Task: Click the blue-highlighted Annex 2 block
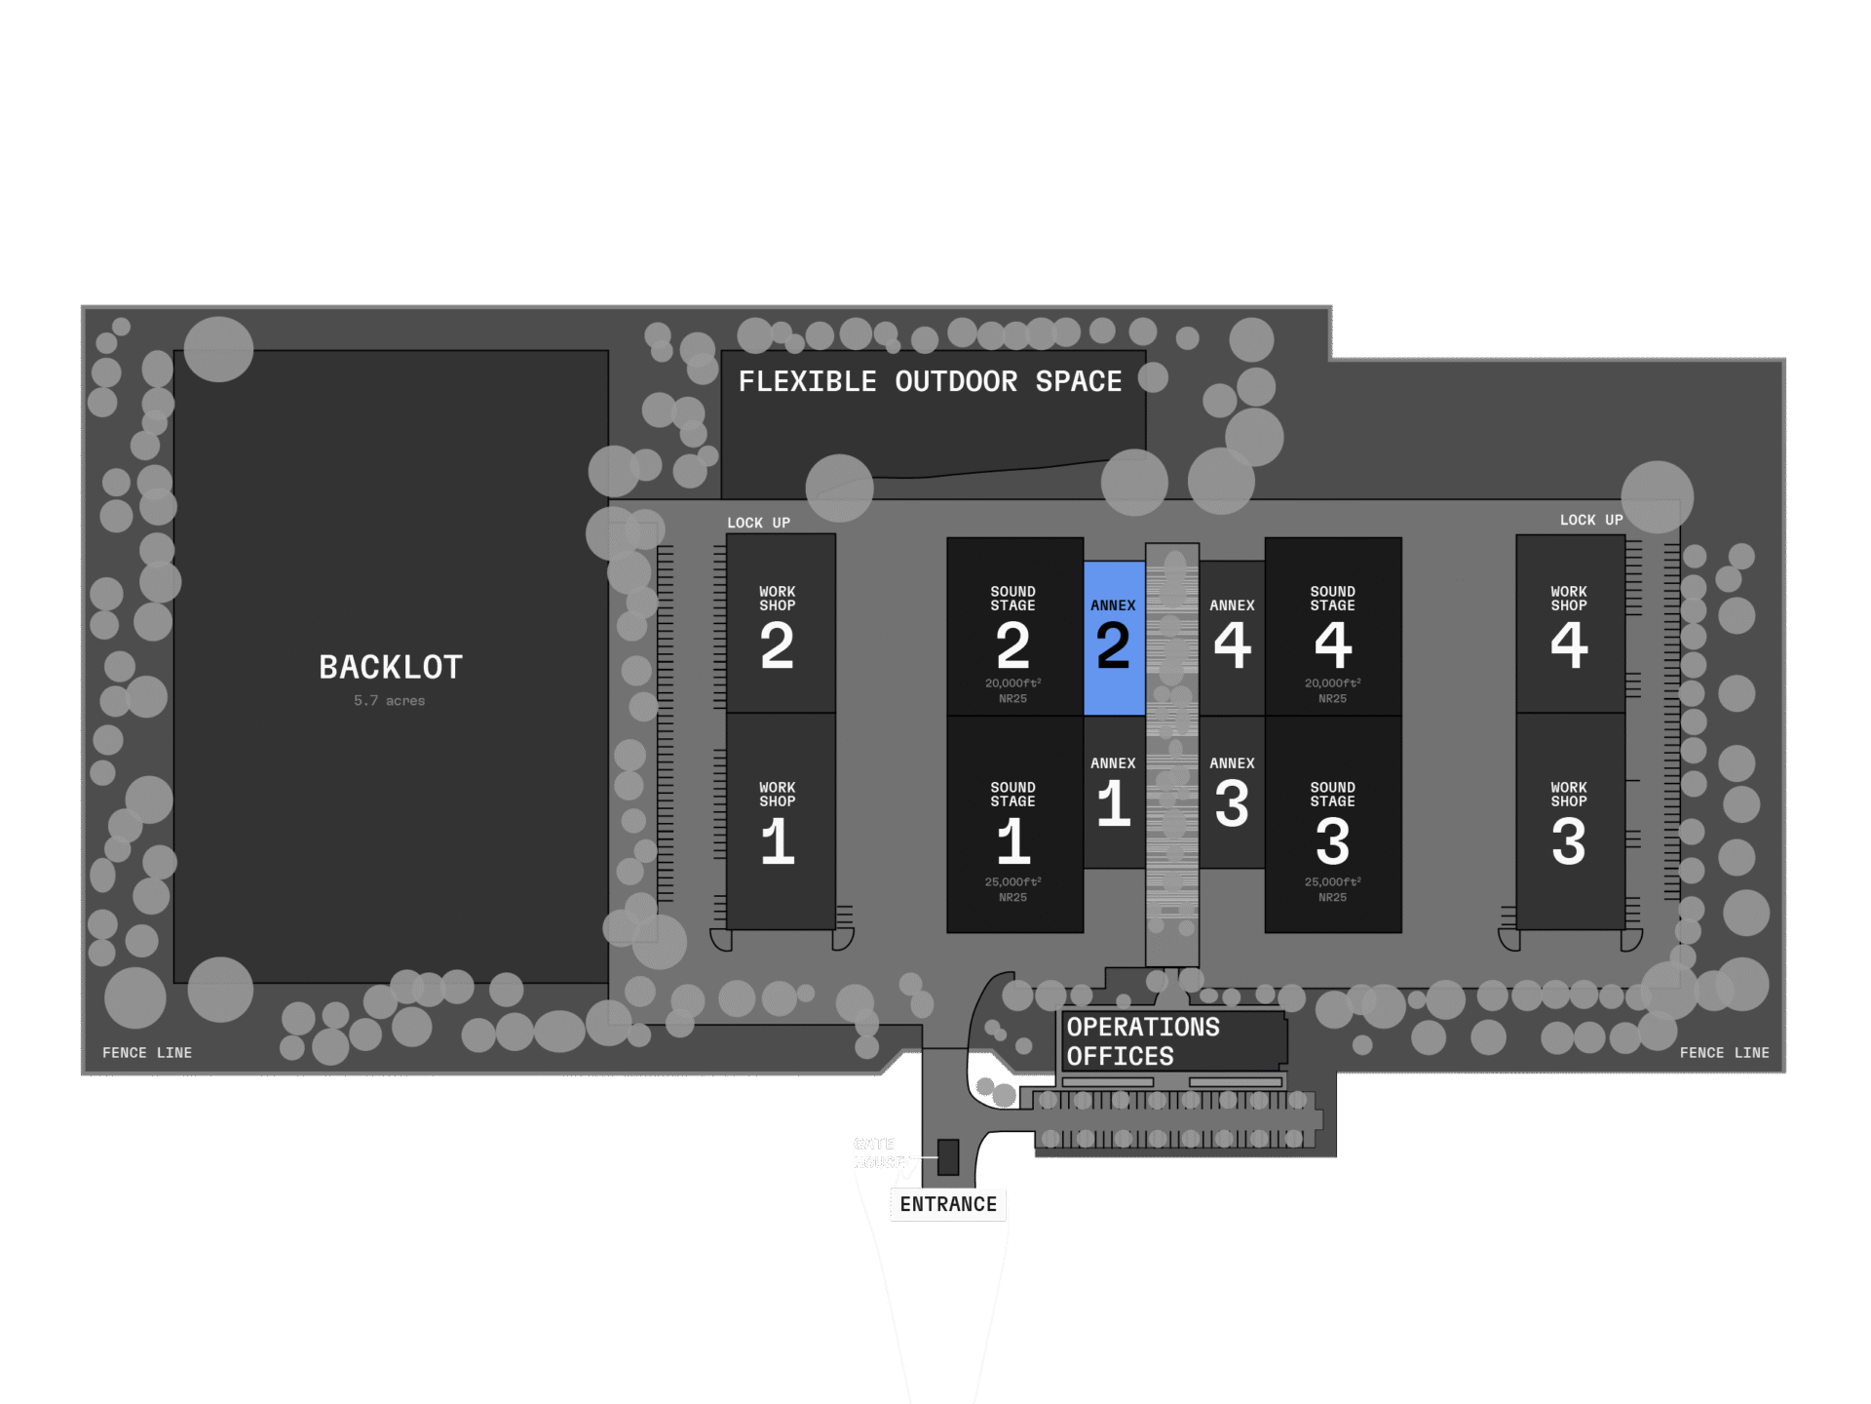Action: (x=1114, y=638)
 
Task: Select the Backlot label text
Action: (x=391, y=668)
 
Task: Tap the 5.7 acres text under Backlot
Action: (x=389, y=701)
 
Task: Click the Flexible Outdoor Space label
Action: (x=930, y=381)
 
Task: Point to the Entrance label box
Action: (x=948, y=1204)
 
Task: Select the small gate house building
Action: (x=948, y=1156)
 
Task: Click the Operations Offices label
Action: (x=1142, y=1041)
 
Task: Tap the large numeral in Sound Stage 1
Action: (x=1013, y=841)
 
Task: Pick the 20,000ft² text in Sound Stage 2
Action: (x=1012, y=683)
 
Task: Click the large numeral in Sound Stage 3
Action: (x=1332, y=841)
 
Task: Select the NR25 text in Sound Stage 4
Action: (x=1332, y=699)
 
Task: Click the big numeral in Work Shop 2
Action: (x=777, y=645)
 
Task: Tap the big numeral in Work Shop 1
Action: (x=778, y=841)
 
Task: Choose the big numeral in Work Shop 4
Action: (x=1569, y=645)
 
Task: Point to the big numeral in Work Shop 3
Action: (x=1569, y=841)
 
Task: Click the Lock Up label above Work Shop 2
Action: (x=758, y=523)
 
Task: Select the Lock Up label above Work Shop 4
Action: (x=1591, y=521)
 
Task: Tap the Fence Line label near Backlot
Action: (x=147, y=1053)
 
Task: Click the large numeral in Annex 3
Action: (x=1232, y=804)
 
